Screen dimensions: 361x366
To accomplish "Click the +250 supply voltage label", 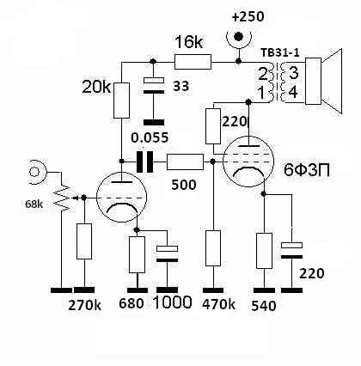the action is pos(248,16).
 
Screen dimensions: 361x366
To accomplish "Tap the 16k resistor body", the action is pos(193,62).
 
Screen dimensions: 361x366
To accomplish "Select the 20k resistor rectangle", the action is pos(121,101).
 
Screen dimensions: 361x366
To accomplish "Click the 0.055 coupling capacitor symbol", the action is pos(144,162).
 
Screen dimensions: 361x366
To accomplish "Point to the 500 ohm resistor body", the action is pos(185,162).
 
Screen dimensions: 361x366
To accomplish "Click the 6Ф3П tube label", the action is pos(307,170).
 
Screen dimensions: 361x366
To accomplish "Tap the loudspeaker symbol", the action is pos(324,82).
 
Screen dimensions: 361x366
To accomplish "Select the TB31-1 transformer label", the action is pos(280,52).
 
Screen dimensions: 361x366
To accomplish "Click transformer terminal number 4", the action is pos(293,93).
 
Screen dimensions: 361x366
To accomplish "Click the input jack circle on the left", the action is pos(34,172).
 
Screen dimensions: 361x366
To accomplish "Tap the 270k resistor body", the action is pos(84,241).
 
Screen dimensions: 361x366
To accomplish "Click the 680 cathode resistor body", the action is pos(137,254).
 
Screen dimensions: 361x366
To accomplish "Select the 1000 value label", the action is pos(173,302).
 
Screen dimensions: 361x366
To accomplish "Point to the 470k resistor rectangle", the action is pos(213,248).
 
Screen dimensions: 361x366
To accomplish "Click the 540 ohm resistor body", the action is pos(264,251).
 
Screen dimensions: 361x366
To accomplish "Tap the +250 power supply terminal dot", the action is pos(238,37).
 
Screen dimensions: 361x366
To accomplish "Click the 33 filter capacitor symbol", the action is pos(154,86).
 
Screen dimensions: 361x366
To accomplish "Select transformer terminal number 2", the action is pos(263,74).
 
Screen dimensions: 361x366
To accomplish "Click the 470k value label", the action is pos(218,304).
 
